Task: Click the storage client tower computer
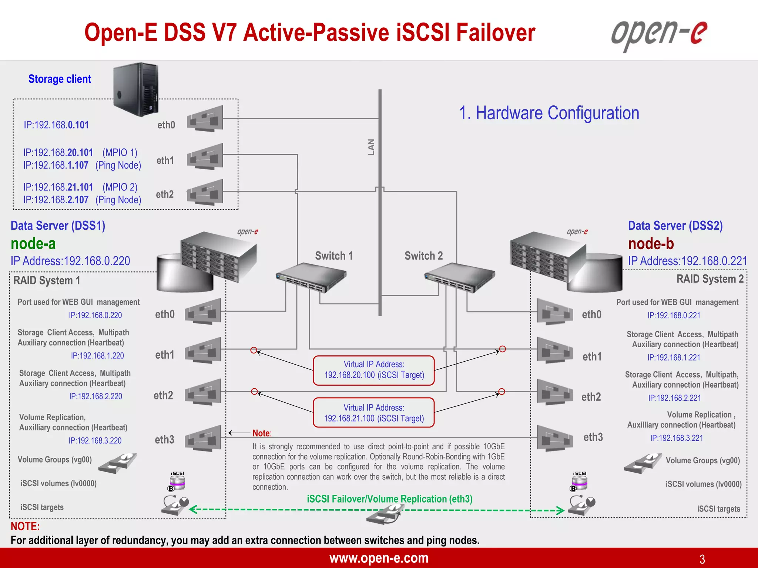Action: [x=136, y=89]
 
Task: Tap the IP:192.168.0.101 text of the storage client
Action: [x=56, y=125]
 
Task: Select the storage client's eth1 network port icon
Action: [x=205, y=156]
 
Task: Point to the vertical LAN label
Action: [x=371, y=147]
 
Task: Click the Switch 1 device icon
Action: [x=311, y=277]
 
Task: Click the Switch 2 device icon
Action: [x=459, y=277]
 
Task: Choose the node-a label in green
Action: [x=33, y=244]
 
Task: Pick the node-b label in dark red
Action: [x=651, y=244]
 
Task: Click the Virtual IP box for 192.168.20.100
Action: [x=374, y=370]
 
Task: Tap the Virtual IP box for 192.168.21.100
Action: [x=374, y=413]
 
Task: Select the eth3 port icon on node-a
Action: [x=203, y=439]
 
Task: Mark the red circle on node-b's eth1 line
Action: [x=502, y=349]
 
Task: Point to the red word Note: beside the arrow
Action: [x=262, y=433]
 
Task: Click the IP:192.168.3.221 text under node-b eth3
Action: [x=677, y=438]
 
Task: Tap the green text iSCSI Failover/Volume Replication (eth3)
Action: [x=389, y=499]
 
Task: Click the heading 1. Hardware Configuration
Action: [x=549, y=113]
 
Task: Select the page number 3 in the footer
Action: [x=702, y=559]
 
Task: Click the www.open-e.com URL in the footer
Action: [x=379, y=558]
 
